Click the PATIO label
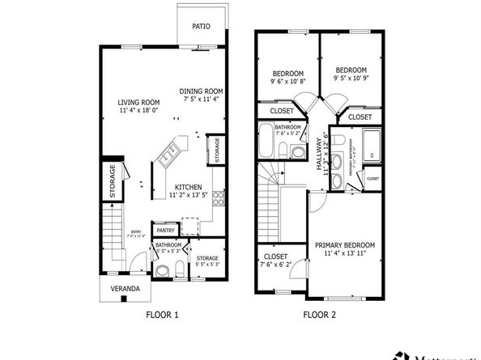pos(201,27)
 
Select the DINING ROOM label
pos(202,91)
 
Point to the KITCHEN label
pos(189,186)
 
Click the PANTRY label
pos(166,231)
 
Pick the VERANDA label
pos(125,289)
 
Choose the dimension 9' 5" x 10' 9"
pos(351,78)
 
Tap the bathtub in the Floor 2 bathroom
pos(266,143)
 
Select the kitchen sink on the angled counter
pos(172,150)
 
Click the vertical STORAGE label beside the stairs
pos(113,182)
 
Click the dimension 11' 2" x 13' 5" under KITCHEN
pos(189,195)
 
